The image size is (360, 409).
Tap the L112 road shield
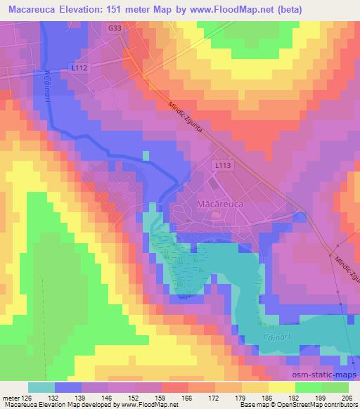tap(78, 67)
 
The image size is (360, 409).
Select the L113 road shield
tap(223, 164)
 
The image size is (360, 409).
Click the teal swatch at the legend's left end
tap(41, 388)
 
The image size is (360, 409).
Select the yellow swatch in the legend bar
tap(282, 388)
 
